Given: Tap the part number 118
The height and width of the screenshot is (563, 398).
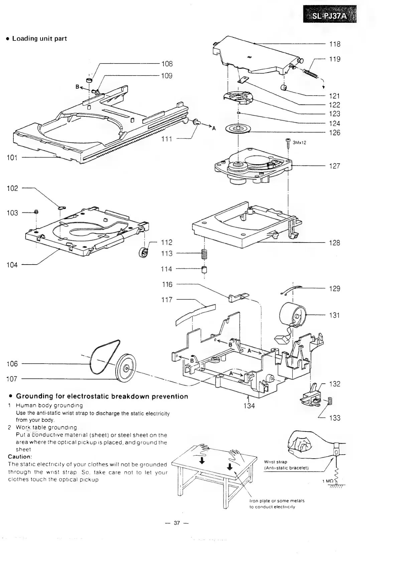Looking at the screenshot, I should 335,44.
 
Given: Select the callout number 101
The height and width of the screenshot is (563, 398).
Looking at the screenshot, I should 12,158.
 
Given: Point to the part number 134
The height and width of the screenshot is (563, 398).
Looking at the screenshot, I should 249,406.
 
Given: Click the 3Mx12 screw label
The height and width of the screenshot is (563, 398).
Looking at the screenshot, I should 299,143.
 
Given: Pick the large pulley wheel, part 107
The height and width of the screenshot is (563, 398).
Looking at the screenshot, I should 126,367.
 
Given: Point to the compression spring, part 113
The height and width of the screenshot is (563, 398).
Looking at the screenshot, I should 204,255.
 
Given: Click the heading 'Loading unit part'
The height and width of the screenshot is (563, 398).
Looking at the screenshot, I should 39,38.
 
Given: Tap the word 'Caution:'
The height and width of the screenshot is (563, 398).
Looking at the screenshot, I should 19,457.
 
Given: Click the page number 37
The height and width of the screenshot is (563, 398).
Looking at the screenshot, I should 177,523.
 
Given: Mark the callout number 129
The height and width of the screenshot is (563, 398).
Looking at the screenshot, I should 335,289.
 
